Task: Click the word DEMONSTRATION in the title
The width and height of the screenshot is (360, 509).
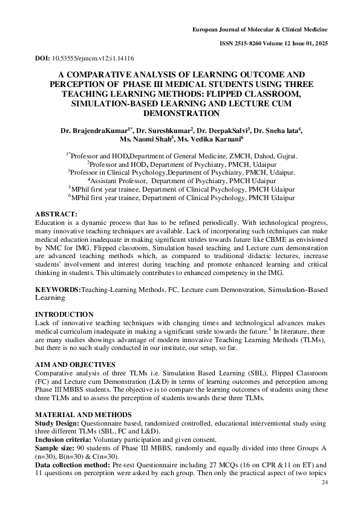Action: tap(181, 112)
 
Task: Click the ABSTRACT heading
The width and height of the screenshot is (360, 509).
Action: tap(56, 215)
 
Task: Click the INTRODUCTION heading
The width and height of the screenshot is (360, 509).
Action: tap(64, 314)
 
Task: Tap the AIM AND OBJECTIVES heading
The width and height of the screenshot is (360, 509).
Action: tap(75, 365)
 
